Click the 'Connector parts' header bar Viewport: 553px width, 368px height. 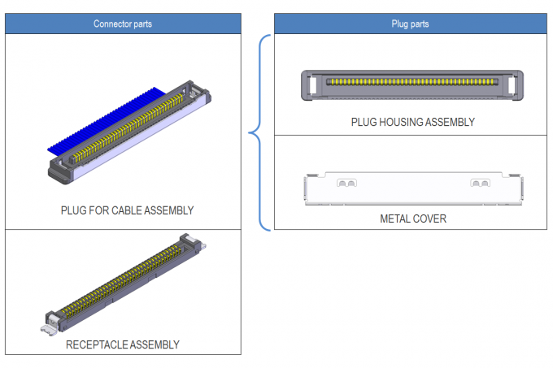click(123, 24)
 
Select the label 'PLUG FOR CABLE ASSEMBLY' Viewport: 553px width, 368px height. click(127, 210)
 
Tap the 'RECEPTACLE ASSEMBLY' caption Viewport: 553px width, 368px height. click(123, 344)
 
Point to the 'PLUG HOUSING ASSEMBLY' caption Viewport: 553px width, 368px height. click(412, 122)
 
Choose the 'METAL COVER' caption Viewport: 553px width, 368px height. click(413, 219)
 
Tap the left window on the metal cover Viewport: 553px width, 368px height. click(347, 183)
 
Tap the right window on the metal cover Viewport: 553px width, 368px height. click(480, 183)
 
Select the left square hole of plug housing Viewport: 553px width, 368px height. click(312, 83)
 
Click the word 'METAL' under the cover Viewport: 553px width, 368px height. click(396, 219)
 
